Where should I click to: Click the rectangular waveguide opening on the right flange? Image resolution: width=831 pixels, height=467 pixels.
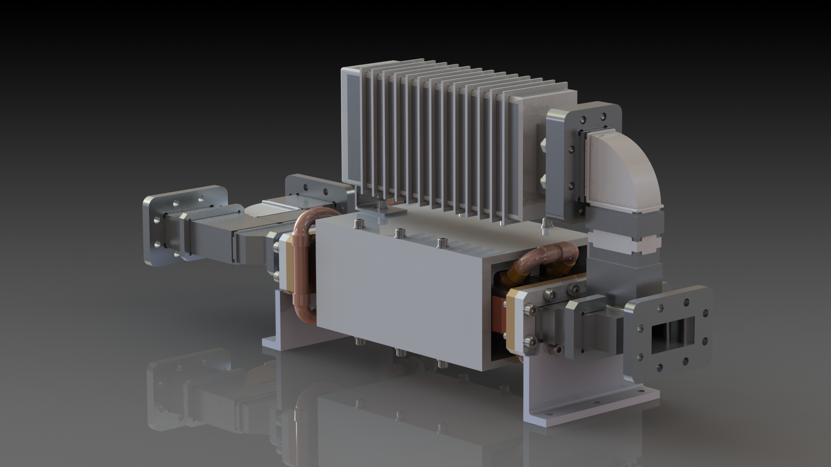click(673, 335)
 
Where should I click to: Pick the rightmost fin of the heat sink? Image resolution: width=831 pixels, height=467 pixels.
click(513, 156)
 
